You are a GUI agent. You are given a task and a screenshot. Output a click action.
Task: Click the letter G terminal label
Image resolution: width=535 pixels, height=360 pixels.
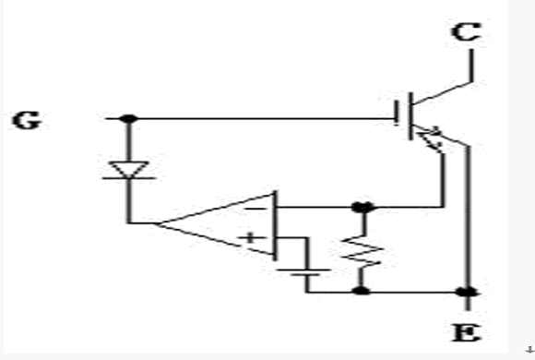[27, 120]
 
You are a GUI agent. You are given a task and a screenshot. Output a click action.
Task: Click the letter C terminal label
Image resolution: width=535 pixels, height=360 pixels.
[467, 31]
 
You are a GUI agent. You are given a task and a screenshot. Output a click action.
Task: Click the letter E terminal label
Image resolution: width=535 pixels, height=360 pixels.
[467, 333]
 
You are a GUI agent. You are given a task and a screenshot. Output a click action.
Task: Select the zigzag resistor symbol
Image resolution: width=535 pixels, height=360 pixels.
[362, 252]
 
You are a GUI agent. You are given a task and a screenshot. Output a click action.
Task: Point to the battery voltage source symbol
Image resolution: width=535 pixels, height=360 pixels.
[303, 272]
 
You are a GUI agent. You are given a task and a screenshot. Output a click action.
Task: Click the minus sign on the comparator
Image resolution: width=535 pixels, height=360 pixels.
[256, 209]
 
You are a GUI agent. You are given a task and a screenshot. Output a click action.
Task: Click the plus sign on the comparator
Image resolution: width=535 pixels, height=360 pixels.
[251, 238]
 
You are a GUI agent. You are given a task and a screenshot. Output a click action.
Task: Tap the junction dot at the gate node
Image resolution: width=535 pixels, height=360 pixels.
[128, 118]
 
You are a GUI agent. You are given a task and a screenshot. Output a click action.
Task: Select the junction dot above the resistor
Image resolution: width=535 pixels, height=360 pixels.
[363, 207]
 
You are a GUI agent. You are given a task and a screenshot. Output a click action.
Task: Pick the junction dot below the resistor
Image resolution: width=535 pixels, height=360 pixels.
[361, 291]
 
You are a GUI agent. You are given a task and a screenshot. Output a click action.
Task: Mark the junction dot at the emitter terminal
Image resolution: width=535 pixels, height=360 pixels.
[467, 292]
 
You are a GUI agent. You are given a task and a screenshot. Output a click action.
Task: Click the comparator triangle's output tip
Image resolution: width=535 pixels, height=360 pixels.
[156, 223]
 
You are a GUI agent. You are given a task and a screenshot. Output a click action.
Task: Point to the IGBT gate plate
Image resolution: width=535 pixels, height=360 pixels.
[396, 113]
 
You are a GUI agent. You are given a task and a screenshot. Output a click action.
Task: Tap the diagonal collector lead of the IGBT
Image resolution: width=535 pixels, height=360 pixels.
[442, 92]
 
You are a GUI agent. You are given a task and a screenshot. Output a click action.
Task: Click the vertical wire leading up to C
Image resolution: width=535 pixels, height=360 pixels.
[471, 66]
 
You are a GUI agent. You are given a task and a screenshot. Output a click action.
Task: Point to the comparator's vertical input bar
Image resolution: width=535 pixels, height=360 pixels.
[275, 225]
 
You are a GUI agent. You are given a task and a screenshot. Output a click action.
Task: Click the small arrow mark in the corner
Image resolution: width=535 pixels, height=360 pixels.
[530, 350]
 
